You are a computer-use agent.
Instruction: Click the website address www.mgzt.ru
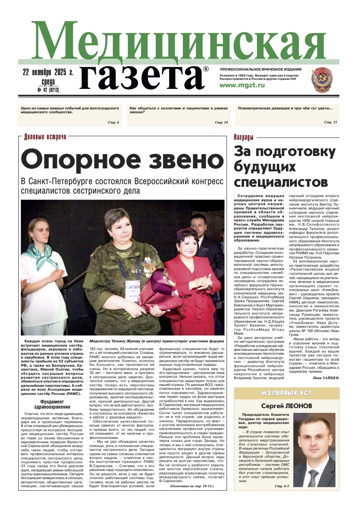242,85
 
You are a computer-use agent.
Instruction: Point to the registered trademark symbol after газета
206,69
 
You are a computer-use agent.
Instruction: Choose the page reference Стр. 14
221,123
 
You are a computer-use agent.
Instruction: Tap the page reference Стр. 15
330,123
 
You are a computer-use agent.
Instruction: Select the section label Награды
244,137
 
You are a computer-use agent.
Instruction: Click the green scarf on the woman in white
41,253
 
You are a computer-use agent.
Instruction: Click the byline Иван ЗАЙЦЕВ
325,378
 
